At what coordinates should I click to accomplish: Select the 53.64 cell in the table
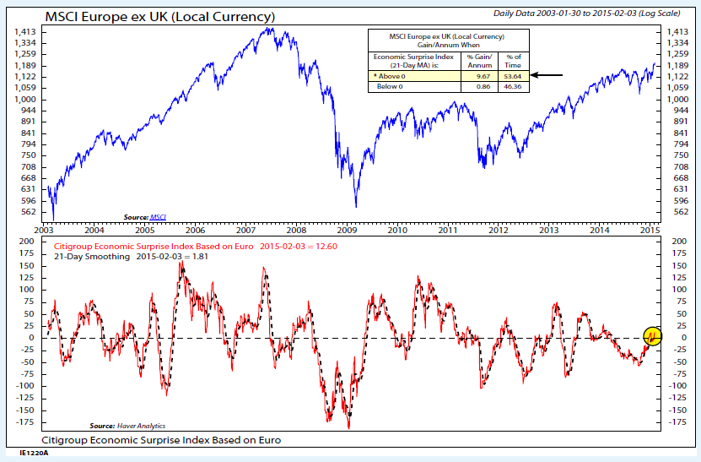pyautogui.click(x=512, y=75)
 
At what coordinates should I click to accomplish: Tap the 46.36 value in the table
pyautogui.click(x=512, y=86)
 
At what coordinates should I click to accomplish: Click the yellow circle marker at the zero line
pyautogui.click(x=653, y=337)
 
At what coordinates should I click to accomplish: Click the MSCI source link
pyautogui.click(x=158, y=217)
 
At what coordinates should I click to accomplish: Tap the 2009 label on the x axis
pyautogui.click(x=347, y=230)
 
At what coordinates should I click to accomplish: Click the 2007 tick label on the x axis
pyautogui.click(x=245, y=230)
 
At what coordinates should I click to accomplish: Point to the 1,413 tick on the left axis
pyautogui.click(x=24, y=31)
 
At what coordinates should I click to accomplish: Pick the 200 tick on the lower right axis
pyautogui.click(x=672, y=242)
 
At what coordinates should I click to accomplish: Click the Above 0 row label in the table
pyautogui.click(x=395, y=75)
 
